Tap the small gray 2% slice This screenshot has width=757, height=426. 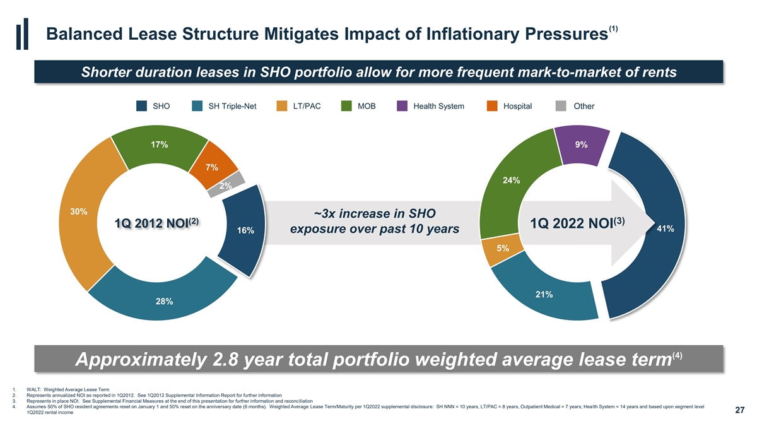(226, 184)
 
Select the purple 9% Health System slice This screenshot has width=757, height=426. (581, 145)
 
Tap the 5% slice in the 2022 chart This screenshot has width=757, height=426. (502, 249)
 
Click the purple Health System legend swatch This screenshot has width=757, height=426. (402, 106)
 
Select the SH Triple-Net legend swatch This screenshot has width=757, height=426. (197, 106)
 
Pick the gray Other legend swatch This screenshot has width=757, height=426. (561, 106)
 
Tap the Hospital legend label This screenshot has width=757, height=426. (517, 106)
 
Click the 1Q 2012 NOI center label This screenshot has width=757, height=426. (156, 223)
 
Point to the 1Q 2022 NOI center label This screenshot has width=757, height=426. (577, 223)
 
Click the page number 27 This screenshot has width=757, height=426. (739, 410)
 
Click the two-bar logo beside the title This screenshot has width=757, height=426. (22, 34)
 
